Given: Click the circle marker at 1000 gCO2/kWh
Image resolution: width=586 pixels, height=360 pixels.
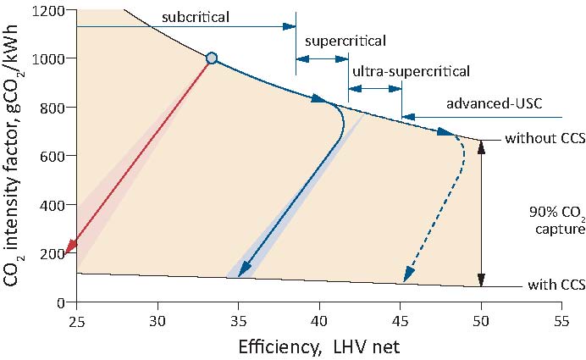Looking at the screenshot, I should [x=212, y=58].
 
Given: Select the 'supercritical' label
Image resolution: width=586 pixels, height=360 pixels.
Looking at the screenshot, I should [x=346, y=41].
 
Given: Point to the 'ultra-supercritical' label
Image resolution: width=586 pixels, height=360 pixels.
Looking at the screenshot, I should [x=410, y=72].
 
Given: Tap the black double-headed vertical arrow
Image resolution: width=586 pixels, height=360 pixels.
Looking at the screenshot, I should [x=481, y=212].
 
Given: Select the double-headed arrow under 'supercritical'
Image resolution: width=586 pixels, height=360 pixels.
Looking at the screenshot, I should [x=322, y=58].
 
